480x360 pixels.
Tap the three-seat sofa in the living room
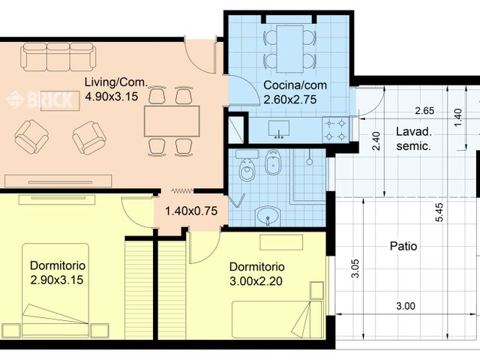pos(58,57)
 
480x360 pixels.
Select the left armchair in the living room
pos(31,136)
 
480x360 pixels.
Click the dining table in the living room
pos(172,121)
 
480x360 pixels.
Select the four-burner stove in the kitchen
pos(335,128)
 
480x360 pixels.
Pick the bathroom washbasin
pos(267,217)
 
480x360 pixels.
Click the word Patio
pos(403,246)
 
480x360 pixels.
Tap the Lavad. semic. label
pos(412,139)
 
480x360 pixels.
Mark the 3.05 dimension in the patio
pos(355,268)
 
